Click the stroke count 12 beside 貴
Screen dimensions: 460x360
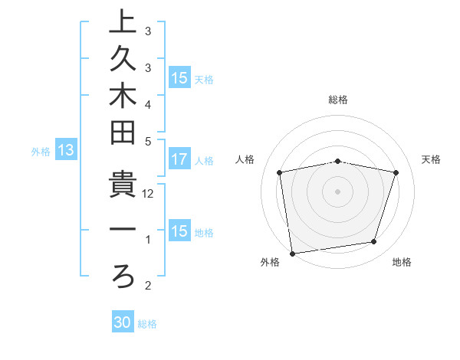(149, 194)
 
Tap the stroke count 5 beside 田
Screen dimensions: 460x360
(147, 141)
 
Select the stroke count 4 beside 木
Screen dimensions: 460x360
(147, 103)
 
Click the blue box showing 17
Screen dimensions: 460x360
(179, 160)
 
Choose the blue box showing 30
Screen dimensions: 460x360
(123, 322)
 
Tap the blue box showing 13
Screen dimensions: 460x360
(66, 151)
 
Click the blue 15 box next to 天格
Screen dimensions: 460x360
(179, 78)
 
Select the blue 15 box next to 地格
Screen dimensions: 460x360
(179, 231)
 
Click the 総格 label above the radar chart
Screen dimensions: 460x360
(338, 100)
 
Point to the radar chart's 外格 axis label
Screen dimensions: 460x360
(270, 262)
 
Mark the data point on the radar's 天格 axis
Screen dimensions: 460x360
(396, 172)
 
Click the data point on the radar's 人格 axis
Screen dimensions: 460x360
(280, 172)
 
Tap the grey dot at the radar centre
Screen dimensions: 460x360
(338, 191)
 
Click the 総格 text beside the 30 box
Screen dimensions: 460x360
(147, 323)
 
